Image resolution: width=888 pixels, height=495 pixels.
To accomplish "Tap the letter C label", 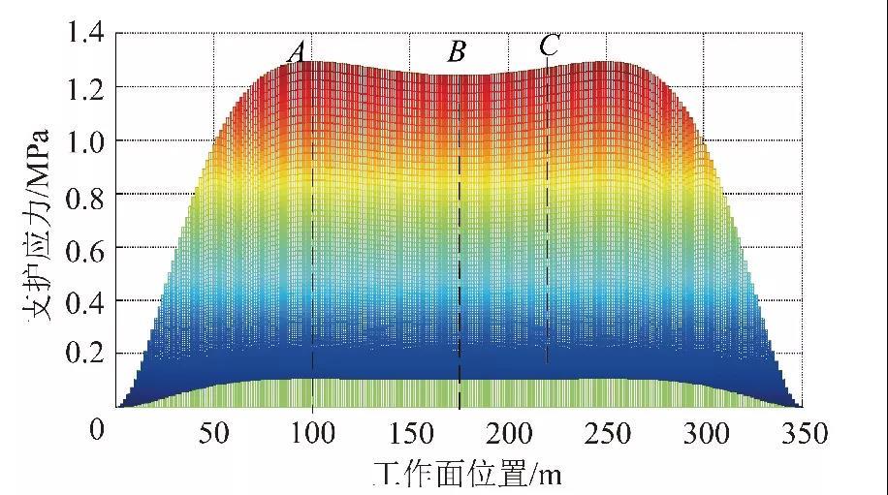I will pos(549,45).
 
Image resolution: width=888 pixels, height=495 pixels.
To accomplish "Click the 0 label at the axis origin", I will pos(96,429).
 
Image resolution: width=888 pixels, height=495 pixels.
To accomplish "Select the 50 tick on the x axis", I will pos(214,433).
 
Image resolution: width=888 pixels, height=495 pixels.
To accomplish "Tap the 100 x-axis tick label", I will pos(312,433).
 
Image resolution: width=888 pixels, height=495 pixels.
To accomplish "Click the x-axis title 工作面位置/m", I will pos(467,474).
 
